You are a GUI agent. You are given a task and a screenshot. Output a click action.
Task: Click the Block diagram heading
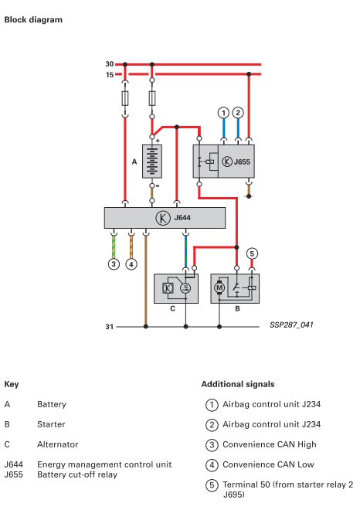(33, 20)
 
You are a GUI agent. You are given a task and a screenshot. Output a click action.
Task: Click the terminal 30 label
(110, 64)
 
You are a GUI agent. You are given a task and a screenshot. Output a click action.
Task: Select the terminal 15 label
(110, 75)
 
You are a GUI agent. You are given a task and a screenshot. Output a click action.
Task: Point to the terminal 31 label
(110, 327)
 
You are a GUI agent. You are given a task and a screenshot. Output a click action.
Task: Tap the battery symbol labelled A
(152, 161)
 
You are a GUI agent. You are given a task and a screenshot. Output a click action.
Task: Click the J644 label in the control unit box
(182, 218)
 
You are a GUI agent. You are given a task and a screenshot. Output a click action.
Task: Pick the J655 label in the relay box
(242, 161)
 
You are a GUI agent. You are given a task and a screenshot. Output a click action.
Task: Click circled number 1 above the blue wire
(223, 113)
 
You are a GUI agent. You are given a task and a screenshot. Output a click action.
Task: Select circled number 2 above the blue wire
(238, 113)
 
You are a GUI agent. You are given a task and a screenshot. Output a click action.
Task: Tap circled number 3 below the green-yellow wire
(114, 263)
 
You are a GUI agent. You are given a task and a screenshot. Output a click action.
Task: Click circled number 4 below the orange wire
(131, 264)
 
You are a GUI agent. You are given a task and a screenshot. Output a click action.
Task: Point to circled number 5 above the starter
(252, 253)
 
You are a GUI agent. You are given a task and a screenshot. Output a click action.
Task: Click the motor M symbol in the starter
(219, 287)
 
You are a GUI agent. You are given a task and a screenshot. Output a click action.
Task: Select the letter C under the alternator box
(173, 308)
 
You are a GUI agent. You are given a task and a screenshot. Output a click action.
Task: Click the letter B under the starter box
(237, 308)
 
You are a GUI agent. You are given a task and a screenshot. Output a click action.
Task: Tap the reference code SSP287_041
(291, 325)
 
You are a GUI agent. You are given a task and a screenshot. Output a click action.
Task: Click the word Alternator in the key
(58, 444)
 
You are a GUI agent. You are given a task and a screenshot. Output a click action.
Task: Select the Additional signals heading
(238, 384)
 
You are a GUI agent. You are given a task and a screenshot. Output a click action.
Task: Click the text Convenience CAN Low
(268, 464)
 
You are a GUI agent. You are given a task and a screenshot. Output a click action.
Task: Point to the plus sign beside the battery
(158, 141)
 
